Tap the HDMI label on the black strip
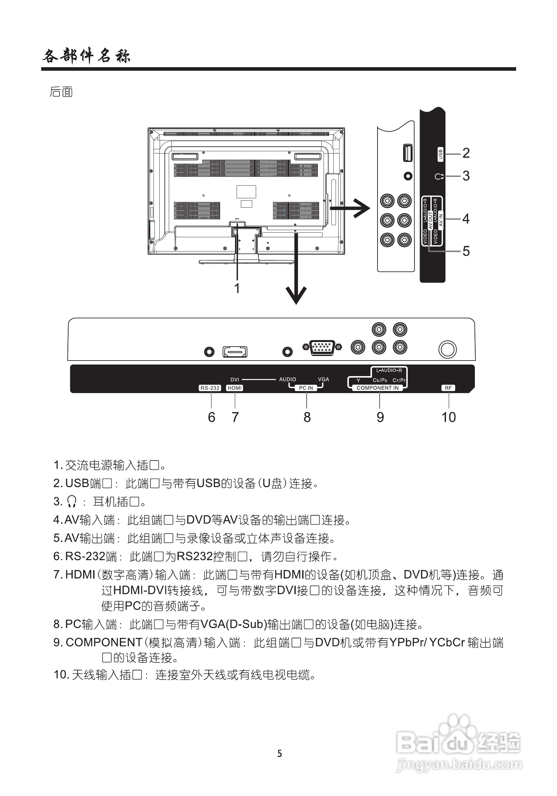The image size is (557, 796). click(x=235, y=388)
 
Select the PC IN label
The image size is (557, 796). click(x=306, y=388)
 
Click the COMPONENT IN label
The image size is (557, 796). click(x=378, y=388)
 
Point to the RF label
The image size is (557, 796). click(x=448, y=388)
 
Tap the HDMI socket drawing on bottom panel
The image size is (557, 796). click(x=235, y=352)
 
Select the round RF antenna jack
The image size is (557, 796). click(x=447, y=349)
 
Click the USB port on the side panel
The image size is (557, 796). click(x=408, y=153)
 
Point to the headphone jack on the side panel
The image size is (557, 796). click(x=408, y=176)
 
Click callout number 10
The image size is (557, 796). click(x=449, y=417)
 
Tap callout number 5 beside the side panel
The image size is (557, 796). click(x=466, y=251)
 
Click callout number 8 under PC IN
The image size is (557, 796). click(x=307, y=417)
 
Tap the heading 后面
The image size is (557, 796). click(x=61, y=92)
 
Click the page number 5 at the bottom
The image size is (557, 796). click(x=279, y=753)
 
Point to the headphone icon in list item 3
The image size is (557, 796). click(x=72, y=501)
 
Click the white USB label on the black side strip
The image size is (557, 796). click(x=440, y=154)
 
